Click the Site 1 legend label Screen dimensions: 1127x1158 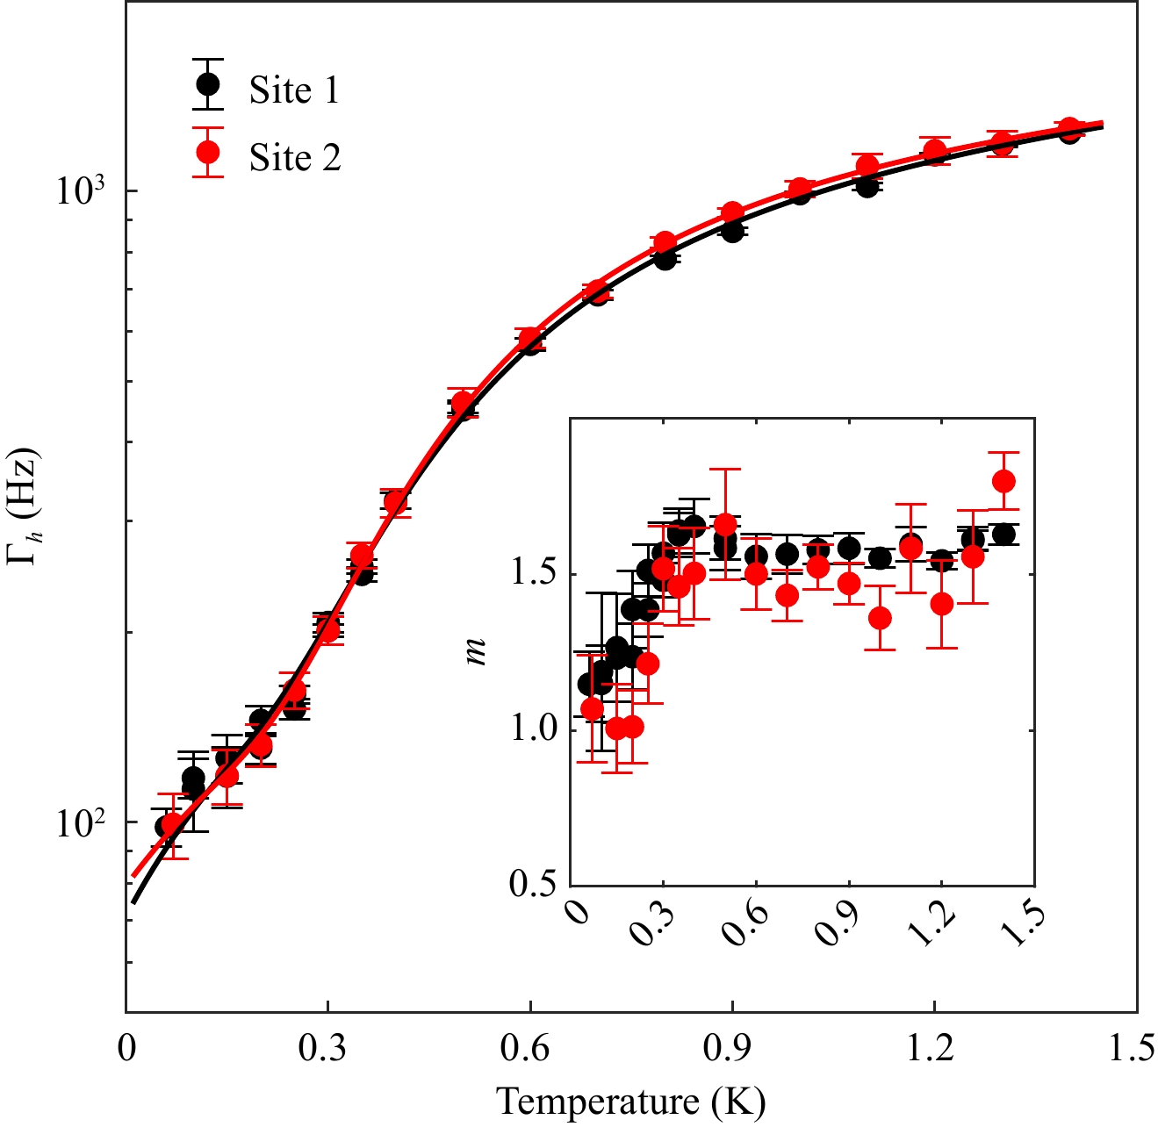coord(294,90)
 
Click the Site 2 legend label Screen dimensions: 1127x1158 coord(294,158)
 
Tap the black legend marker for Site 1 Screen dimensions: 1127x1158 coord(208,84)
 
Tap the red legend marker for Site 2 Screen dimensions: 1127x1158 coord(208,153)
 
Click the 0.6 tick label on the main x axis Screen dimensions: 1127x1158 coord(529,1049)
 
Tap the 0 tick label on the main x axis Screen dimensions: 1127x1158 coord(127,1049)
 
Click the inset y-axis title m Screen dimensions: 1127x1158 coord(476,651)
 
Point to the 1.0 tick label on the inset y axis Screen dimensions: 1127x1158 coord(533,729)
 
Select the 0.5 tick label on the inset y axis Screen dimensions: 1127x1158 coord(533,884)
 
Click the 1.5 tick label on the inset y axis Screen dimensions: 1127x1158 coord(533,574)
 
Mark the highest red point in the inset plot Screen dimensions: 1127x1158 coord(1003,481)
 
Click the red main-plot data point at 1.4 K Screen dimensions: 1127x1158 coord(1069,128)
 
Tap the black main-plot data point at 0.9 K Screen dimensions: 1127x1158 coord(732,231)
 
